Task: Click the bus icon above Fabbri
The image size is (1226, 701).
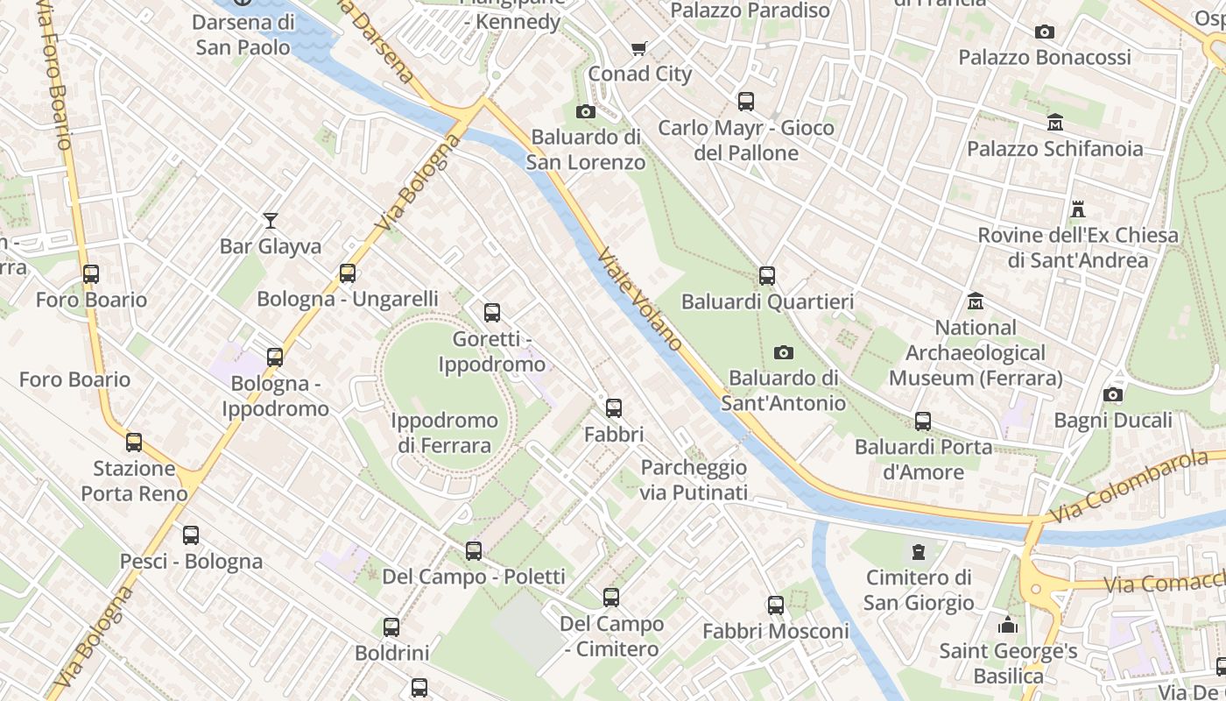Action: click(614, 407)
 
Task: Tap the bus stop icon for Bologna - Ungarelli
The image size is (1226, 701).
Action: click(348, 273)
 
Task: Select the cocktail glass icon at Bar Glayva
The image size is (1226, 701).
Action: click(271, 220)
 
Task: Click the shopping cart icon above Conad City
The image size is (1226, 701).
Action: click(639, 48)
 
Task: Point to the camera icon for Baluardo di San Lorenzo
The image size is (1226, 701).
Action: click(586, 111)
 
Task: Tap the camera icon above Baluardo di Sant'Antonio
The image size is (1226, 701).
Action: click(784, 352)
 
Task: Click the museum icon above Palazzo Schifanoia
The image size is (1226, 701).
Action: click(1054, 122)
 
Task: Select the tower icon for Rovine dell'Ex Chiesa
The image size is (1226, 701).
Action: click(1078, 209)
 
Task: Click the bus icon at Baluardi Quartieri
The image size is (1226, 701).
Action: click(767, 276)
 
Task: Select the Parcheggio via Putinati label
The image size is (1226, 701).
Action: click(694, 479)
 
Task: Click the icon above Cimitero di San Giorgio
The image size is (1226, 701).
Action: click(918, 552)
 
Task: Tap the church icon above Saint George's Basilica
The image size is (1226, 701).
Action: click(1008, 625)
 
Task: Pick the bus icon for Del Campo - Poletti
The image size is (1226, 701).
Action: click(474, 550)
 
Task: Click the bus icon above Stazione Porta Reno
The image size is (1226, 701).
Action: click(134, 442)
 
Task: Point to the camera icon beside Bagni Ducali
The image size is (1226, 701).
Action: click(1113, 394)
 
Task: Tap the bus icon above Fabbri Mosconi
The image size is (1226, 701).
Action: click(776, 605)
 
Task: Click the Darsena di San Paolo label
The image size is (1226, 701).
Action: click(243, 34)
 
